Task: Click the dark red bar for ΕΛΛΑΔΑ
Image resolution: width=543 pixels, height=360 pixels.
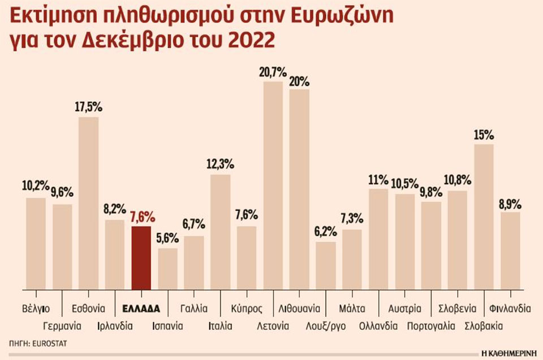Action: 141,258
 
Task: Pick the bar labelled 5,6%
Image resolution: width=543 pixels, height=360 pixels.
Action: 167,269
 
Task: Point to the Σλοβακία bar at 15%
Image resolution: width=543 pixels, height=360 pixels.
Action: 484,217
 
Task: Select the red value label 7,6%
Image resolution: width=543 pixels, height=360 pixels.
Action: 141,217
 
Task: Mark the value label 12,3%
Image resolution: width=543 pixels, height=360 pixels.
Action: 220,165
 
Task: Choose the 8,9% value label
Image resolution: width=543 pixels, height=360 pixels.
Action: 510,203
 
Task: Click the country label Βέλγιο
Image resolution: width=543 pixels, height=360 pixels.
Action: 36,309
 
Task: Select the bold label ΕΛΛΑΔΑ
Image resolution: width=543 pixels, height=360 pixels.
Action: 141,309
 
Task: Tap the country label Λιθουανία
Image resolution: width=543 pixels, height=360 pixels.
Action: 300,309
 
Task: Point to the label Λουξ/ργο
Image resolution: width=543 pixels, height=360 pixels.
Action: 325,326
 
